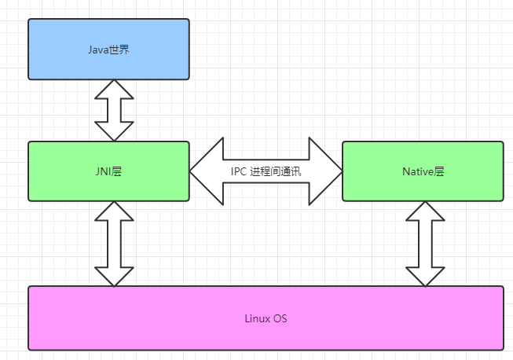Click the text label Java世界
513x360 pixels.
point(108,50)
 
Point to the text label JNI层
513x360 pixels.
point(108,171)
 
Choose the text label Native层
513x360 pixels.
point(423,171)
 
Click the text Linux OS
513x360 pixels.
point(266,318)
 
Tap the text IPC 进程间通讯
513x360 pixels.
point(266,171)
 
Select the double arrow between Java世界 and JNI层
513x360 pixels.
point(114,110)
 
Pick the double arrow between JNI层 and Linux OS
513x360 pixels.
point(114,244)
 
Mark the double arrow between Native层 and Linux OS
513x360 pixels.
point(425,244)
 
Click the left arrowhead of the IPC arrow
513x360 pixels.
point(206,171)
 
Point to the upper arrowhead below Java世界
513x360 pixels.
point(114,90)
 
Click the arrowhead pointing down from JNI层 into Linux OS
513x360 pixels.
point(114,275)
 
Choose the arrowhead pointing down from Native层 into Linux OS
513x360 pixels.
point(425,275)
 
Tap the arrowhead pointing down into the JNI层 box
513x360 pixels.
point(114,131)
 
